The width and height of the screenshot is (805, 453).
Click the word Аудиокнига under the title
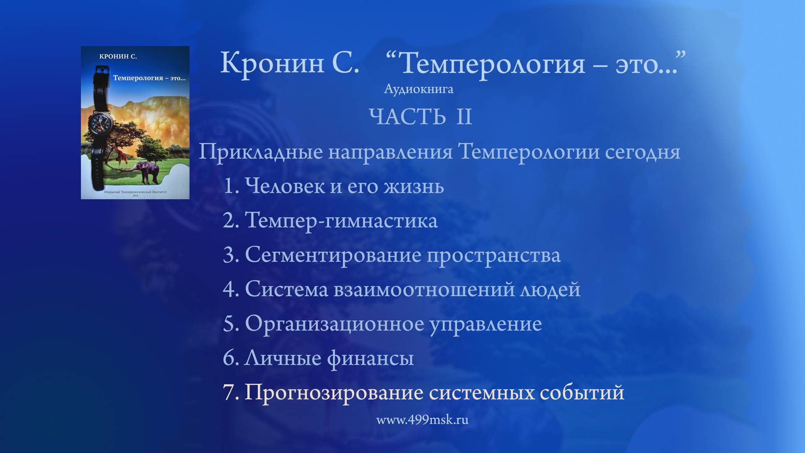coord(418,89)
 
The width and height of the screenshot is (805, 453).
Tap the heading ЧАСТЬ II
coord(421,117)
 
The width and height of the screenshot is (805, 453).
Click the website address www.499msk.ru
coord(422,420)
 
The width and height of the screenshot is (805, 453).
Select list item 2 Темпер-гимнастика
coord(330,221)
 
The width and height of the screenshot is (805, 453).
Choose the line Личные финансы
coord(318,358)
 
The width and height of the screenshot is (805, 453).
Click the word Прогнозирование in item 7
coord(334,393)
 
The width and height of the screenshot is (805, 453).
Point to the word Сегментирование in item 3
coord(333,255)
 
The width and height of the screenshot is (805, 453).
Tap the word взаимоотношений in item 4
coord(424,289)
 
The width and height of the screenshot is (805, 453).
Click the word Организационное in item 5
coord(335,324)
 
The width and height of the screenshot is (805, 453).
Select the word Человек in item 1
coord(285,186)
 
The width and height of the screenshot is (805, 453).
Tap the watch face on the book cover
coord(101,125)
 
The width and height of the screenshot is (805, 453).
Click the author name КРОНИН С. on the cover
coord(118,57)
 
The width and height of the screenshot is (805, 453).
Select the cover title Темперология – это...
coord(149,78)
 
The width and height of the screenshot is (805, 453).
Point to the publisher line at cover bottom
coord(135,192)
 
